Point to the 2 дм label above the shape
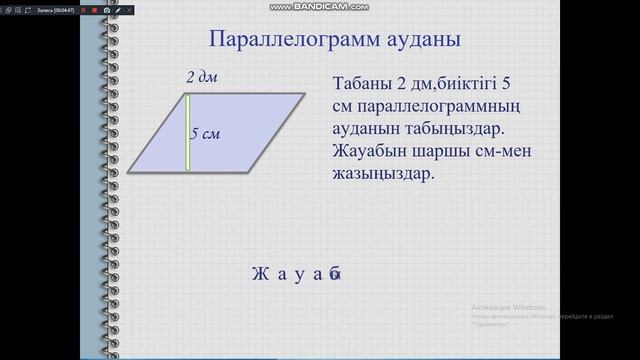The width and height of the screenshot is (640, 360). coord(201,77)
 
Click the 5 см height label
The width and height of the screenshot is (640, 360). coord(205,134)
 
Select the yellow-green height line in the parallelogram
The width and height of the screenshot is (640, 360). coord(188,132)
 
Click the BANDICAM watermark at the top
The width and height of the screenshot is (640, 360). coord(319,6)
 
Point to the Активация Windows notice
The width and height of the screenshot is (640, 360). coord(509,306)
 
